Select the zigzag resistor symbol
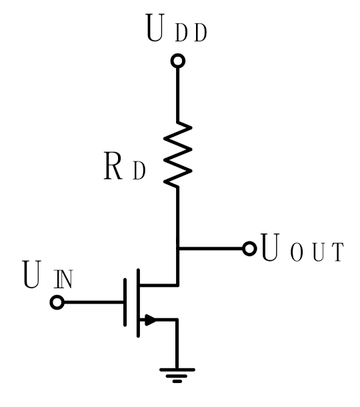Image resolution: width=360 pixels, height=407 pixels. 178,154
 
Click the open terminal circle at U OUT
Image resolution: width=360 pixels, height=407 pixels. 249,249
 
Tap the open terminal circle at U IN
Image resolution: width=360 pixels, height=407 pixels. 57,303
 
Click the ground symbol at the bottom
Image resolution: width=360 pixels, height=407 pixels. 178,373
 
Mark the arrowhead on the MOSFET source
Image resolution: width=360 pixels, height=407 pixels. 150,320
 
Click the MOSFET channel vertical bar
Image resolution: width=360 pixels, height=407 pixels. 138,302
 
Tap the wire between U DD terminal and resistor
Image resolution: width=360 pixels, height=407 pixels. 178,93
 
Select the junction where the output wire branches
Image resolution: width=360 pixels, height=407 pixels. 178,249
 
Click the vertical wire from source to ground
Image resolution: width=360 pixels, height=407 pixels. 178,344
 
